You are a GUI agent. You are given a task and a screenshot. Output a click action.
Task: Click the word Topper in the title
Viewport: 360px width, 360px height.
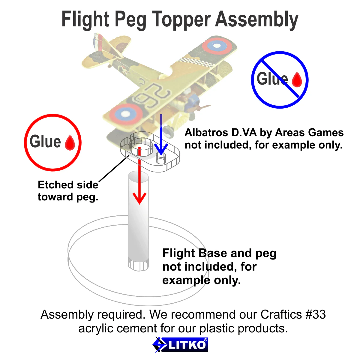click(181, 20)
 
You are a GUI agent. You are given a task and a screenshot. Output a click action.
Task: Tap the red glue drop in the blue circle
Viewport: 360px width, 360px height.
click(297, 79)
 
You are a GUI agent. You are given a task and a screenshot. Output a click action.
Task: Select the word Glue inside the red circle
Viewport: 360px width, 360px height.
click(45, 142)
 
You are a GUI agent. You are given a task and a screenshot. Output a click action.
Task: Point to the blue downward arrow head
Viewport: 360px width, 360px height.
click(161, 148)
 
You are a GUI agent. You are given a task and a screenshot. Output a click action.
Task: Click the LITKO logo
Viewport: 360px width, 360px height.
click(180, 345)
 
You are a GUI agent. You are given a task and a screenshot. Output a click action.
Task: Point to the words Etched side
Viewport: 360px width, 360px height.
click(68, 185)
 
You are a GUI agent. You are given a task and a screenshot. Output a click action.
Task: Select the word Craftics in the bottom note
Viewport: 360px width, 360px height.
click(281, 315)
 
